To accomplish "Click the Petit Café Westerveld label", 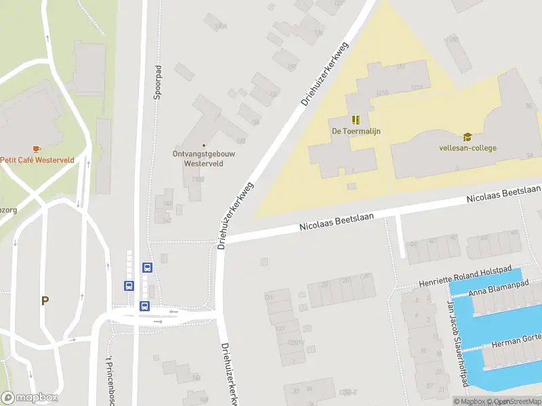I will click(x=37, y=160).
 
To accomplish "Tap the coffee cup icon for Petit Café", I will click(x=37, y=149).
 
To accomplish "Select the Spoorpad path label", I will click(x=158, y=83).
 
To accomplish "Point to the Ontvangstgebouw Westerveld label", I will click(x=204, y=158).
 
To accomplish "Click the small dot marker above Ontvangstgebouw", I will click(x=204, y=145).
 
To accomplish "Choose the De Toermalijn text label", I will click(x=356, y=131).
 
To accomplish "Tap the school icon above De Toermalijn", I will click(x=356, y=120).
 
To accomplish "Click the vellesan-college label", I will click(x=467, y=148).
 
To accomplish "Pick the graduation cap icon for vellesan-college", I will click(x=467, y=137).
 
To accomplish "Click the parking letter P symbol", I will click(x=45, y=301).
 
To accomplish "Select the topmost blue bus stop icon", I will click(x=147, y=267).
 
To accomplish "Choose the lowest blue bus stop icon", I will click(x=144, y=306).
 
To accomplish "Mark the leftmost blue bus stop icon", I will click(x=129, y=286).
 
